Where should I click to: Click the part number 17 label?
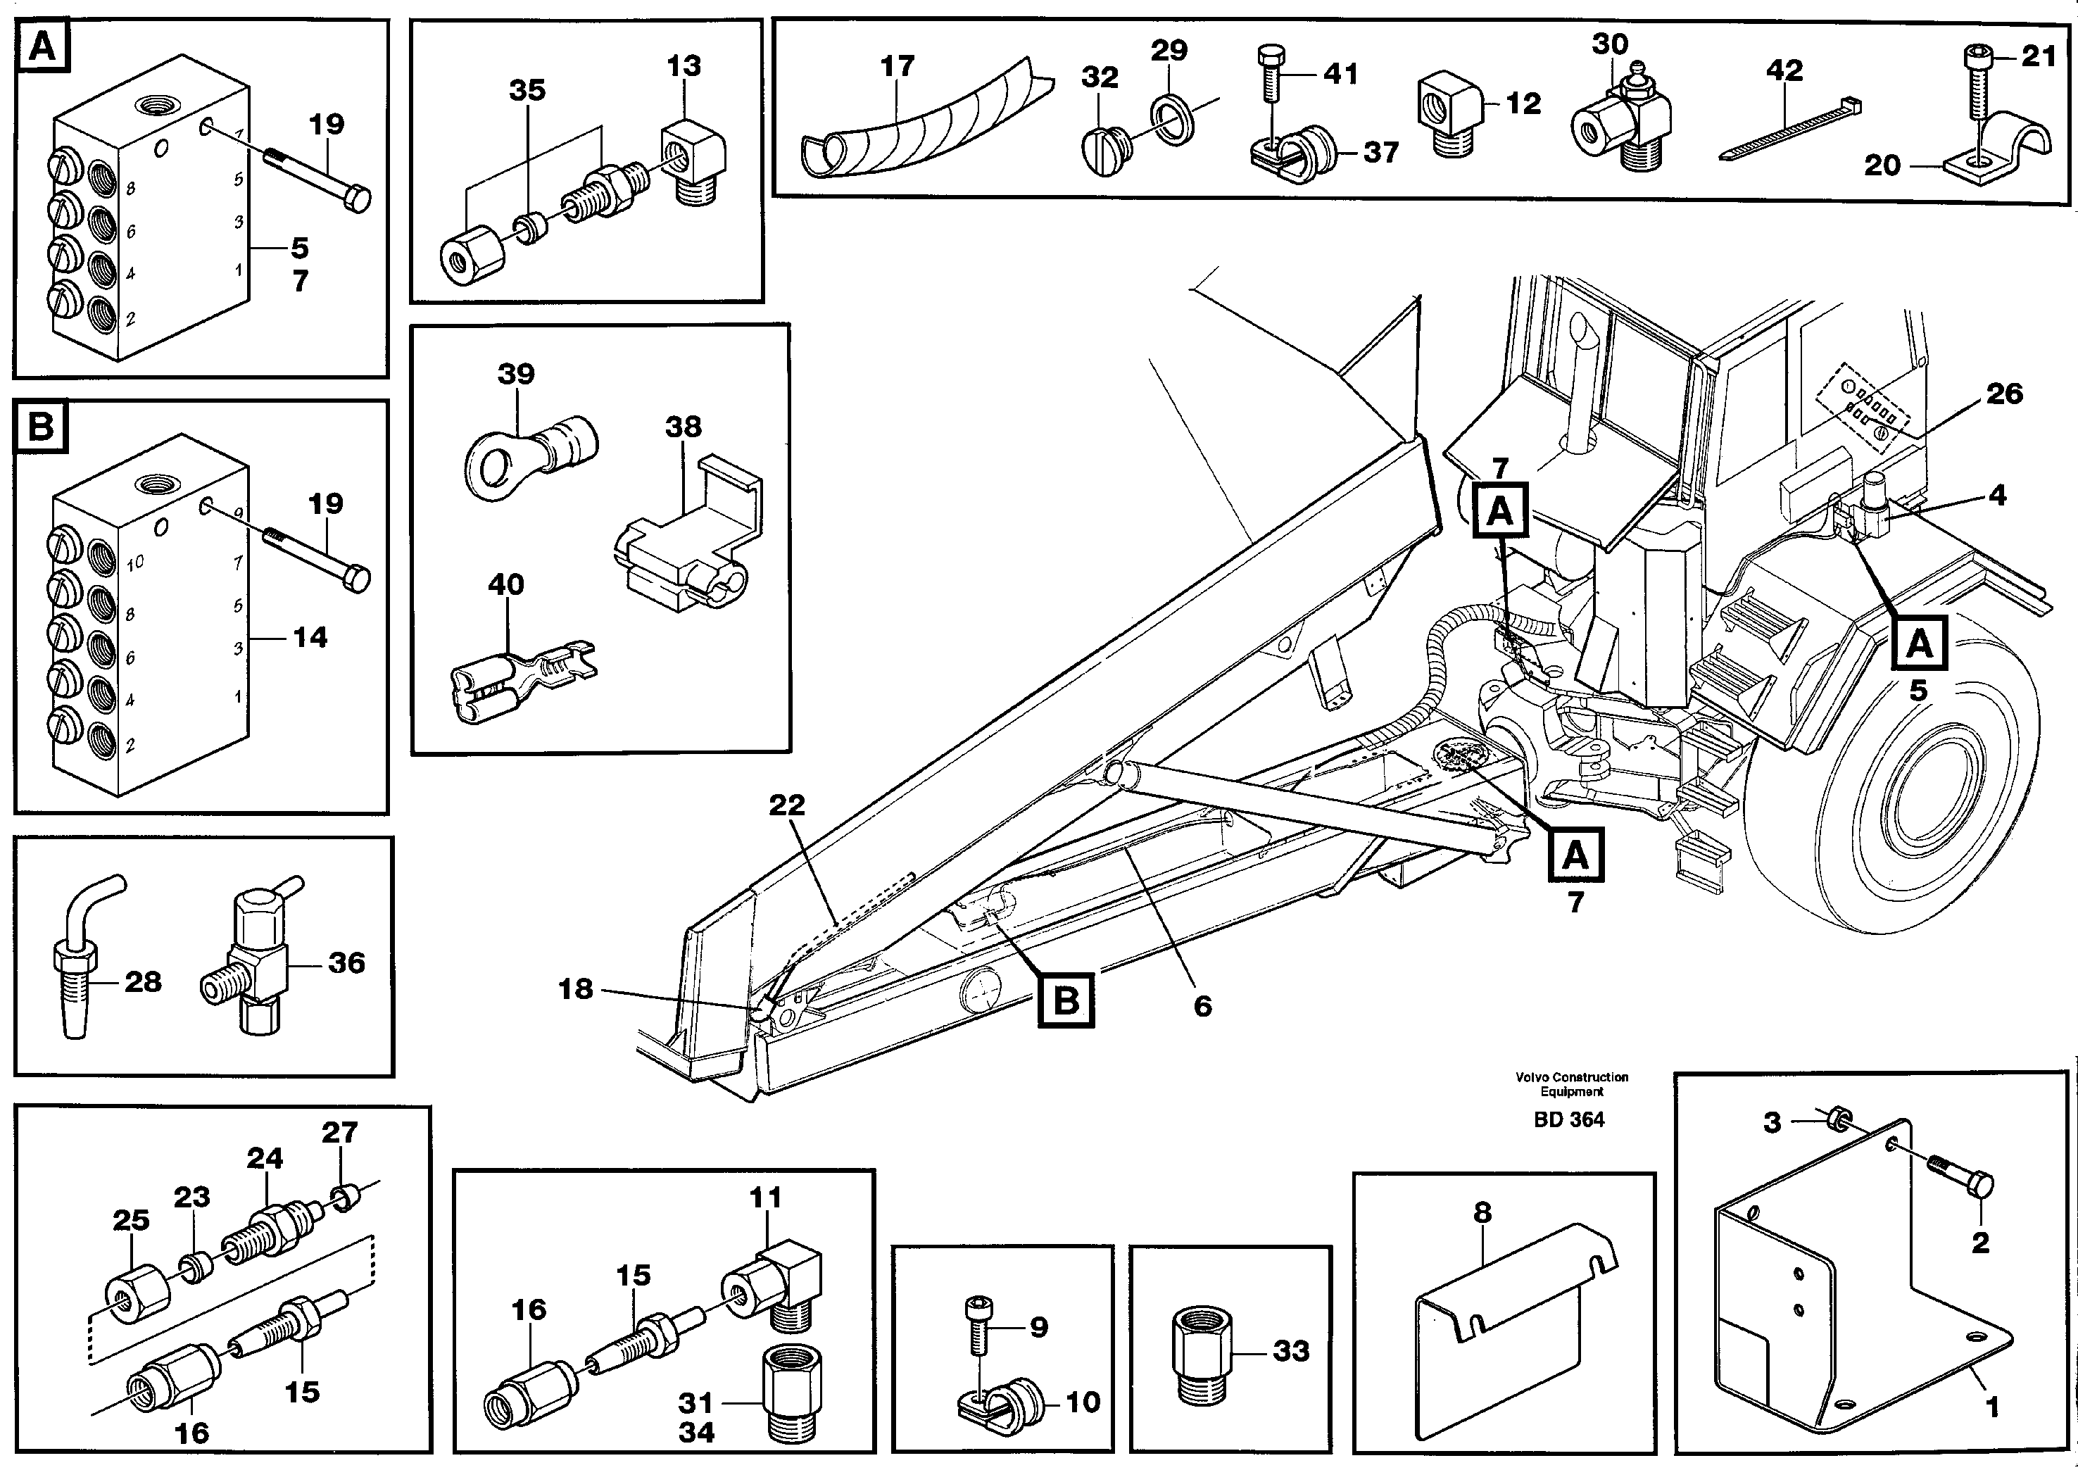coord(897,66)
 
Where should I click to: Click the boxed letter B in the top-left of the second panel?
coord(42,427)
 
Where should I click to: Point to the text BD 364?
coord(1568,1119)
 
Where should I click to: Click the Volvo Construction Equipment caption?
coord(1572,1083)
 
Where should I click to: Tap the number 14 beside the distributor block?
coord(310,638)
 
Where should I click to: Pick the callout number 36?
coord(346,962)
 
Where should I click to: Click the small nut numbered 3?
coord(1838,1119)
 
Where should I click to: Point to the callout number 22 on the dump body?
coord(786,805)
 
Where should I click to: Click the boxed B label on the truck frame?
coord(1066,1000)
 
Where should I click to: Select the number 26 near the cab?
coord(2004,393)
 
